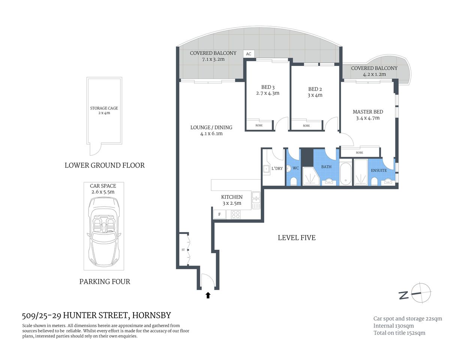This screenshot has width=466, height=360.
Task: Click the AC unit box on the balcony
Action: point(248,54)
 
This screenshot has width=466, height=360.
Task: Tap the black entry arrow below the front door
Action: point(208,295)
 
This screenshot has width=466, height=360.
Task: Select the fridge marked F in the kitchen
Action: point(219,215)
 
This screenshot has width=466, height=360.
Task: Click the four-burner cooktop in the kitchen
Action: point(236,215)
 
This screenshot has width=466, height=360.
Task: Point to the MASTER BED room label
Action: point(368,112)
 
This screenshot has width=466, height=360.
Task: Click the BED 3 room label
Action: point(268,87)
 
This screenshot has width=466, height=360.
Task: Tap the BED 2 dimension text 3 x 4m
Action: point(315,95)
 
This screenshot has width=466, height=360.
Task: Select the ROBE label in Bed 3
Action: point(259,125)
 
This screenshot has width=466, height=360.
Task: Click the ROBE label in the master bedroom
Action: point(359,153)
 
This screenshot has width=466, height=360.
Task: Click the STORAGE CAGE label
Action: point(104,108)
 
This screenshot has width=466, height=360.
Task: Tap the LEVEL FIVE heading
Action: point(296,238)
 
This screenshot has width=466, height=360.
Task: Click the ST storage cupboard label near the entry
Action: point(183,250)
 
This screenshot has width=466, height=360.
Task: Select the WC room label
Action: point(296,168)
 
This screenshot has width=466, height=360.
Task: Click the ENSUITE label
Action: point(379,171)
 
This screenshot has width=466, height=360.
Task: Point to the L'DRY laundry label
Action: point(277,168)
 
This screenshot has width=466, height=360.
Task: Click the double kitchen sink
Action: point(256,201)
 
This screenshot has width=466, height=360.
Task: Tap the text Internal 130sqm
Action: point(393,326)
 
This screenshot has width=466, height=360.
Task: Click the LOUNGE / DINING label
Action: point(211,127)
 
